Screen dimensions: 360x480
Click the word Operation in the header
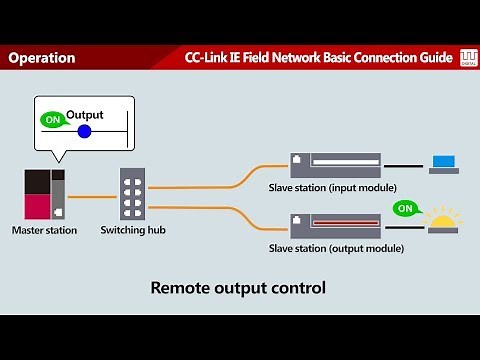click(42, 58)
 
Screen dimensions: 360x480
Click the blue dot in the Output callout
click(84, 131)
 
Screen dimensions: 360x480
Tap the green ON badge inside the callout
click(51, 120)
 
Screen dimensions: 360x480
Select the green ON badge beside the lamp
click(404, 209)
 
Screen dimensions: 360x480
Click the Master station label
click(44, 230)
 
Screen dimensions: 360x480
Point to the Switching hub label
click(133, 230)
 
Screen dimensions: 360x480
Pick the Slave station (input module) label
click(332, 187)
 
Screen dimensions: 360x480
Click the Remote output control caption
click(238, 289)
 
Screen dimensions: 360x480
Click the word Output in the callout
click(85, 115)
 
